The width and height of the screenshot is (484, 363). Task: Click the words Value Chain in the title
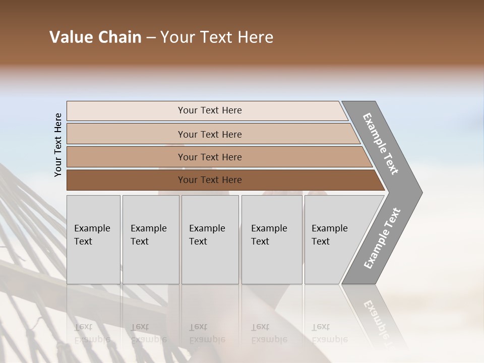(x=95, y=37)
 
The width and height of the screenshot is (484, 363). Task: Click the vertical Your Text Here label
(x=58, y=145)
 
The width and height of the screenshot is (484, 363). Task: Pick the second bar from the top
(x=210, y=134)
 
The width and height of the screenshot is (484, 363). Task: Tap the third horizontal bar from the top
(x=210, y=157)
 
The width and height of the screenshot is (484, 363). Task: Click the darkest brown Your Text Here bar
(x=210, y=180)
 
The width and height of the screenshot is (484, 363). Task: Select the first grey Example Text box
(x=93, y=239)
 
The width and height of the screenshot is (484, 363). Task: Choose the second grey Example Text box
(x=150, y=239)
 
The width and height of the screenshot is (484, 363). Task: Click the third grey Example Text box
(x=210, y=239)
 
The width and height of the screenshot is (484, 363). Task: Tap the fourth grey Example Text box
(x=271, y=239)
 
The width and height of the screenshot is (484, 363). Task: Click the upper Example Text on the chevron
(x=381, y=144)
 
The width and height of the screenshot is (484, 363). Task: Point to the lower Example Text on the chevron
(x=382, y=238)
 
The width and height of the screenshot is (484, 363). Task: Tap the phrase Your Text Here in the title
(x=217, y=37)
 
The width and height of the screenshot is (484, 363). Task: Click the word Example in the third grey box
(x=207, y=228)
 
